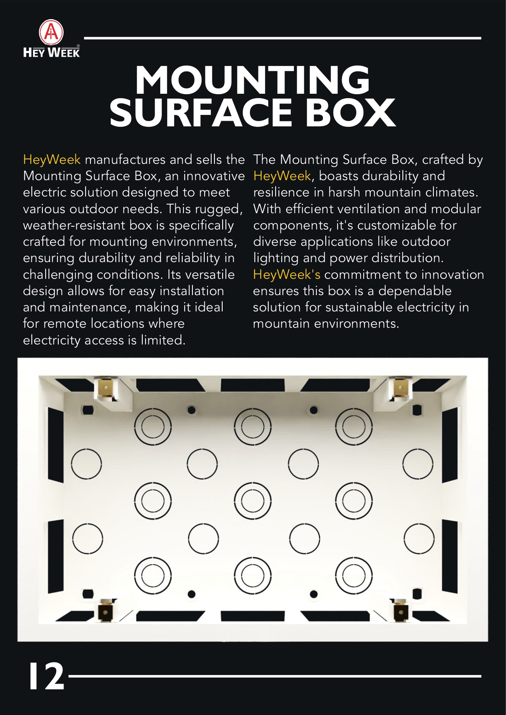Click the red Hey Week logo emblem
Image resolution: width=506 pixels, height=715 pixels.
coord(51,33)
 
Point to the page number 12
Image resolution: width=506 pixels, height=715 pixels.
coord(46,676)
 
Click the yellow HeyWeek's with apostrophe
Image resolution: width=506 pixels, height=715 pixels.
coord(287,274)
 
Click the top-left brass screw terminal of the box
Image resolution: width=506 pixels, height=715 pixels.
coord(106,387)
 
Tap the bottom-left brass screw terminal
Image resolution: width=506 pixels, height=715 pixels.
coord(106,610)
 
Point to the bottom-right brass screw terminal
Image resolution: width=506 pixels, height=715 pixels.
coord(400,610)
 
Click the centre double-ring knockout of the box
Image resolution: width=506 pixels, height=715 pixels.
coord(253,501)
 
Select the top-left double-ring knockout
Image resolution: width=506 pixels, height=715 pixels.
coord(153,426)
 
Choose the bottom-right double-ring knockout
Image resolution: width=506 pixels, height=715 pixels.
coord(354,575)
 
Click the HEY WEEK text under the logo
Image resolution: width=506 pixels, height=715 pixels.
coord(51,52)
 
